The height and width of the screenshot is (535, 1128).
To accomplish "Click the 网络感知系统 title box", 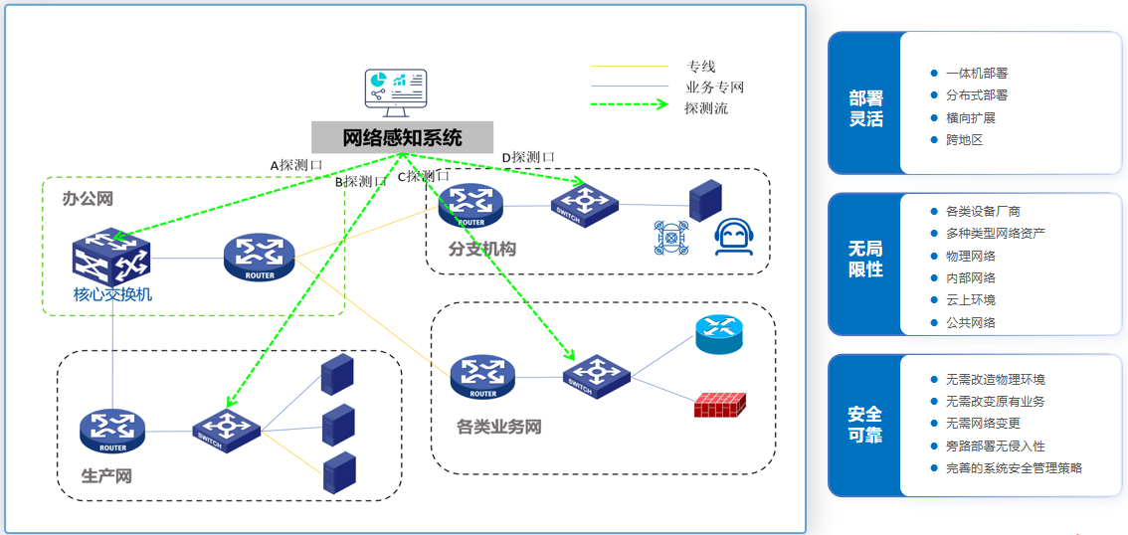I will coord(402,137).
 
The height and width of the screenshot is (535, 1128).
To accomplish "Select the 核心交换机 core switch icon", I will coord(111,256).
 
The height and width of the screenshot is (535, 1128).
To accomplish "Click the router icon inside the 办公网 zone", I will coord(259,257).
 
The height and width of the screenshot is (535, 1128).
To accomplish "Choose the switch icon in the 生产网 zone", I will coord(226,431).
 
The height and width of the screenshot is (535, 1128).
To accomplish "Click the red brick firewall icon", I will coord(719,404).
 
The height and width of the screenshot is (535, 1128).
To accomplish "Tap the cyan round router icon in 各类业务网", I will coord(719,333).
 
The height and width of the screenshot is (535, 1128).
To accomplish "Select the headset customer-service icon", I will coord(733,238).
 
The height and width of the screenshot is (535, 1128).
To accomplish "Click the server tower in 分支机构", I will coord(705,201).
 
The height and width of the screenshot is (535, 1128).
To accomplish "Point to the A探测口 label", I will coord(296,165).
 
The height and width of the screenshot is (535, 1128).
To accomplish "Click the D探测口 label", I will coord(527,157).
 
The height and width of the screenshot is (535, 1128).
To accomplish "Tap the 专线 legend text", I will coord(700,67).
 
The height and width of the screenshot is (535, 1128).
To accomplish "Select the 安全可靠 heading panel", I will coord(865,425).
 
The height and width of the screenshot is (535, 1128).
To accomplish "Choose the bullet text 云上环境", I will coord(970,299).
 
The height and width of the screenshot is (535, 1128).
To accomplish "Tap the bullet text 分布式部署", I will coord(976,95).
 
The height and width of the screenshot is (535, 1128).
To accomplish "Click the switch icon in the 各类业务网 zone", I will coord(597,376).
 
